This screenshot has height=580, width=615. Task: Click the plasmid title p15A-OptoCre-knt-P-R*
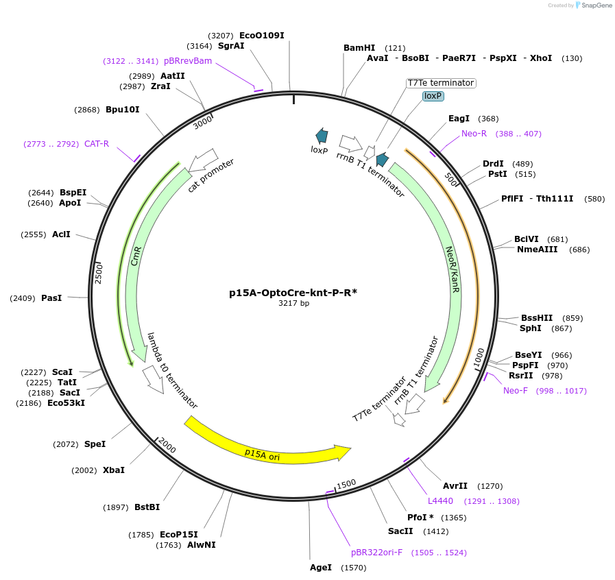pos(293,293)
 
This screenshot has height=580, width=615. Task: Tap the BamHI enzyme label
pos(359,48)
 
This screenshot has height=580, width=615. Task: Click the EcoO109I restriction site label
pos(261,35)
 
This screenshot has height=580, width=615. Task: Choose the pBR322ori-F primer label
pos(376,552)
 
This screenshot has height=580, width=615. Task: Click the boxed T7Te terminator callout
pos(440,83)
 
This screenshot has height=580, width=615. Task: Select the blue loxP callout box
pos(433,96)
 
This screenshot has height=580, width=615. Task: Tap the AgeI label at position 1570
pos(321,568)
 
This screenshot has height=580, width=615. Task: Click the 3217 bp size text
pos(293,303)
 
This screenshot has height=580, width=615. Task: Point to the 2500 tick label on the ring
pos(99,273)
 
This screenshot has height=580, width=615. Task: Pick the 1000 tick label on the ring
pos(479,357)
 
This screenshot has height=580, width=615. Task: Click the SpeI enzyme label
pos(95,444)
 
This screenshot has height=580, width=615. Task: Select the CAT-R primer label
pos(97,144)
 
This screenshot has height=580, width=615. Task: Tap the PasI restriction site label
pos(51,298)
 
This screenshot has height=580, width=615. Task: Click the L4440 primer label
pos(440,501)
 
